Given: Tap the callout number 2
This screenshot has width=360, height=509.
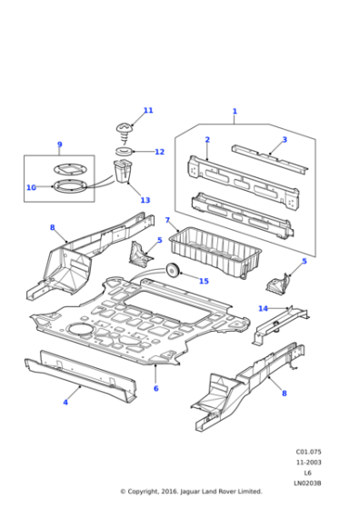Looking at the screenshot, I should [x=207, y=140].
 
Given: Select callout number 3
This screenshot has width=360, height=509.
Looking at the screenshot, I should [x=284, y=139].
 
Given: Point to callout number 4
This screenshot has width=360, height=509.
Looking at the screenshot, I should [x=65, y=401].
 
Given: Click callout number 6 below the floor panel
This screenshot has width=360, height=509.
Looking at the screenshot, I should [x=155, y=388].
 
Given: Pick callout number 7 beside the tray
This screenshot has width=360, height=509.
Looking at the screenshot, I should [x=167, y=220].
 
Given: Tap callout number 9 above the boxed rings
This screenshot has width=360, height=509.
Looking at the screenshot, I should [x=59, y=145].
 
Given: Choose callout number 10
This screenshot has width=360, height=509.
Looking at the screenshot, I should [x=31, y=187].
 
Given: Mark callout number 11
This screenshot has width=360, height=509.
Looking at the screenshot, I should [x=148, y=111].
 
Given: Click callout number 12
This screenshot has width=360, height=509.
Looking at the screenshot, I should [x=159, y=152].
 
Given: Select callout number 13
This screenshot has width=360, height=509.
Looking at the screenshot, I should [x=145, y=200].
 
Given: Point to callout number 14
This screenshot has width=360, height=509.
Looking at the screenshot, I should [x=263, y=309].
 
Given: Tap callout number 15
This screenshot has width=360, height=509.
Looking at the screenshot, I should [x=204, y=281].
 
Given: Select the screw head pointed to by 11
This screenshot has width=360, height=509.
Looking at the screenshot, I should [x=125, y=128].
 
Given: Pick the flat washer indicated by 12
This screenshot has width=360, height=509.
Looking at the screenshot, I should [x=125, y=150].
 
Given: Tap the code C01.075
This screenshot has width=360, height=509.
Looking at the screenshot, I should [x=309, y=451].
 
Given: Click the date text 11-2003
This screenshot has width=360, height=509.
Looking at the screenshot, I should [x=309, y=461].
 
